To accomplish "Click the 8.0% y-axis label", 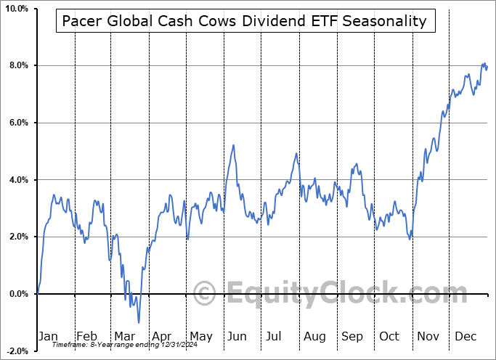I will coord(17,65).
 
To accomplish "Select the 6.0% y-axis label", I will coord(17,123).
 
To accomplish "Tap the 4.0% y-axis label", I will coord(17,179).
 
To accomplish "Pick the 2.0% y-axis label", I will coord(17,237).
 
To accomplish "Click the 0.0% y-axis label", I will coord(17,294).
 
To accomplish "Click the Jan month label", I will coord(47,336).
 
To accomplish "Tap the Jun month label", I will coord(237,336).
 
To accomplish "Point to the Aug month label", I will coord(314,336).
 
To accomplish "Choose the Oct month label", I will coord(390,336).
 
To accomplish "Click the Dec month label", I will coord(465,336).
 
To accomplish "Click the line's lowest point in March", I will coord(138,322).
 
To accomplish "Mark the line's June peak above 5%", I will coord(233,145).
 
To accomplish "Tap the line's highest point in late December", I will coord(484,63).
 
